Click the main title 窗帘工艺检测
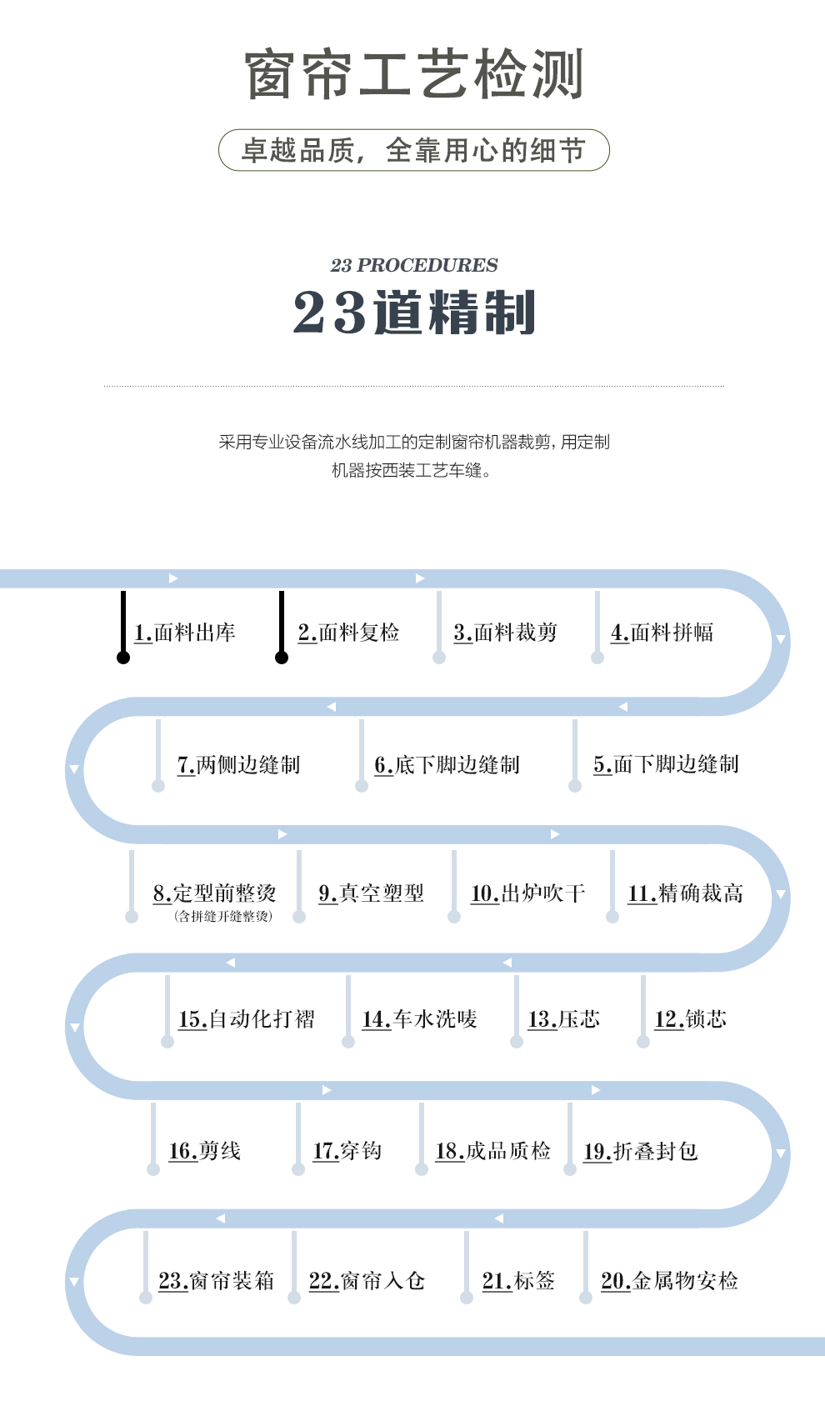point(414,74)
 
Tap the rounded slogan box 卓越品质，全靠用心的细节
point(414,150)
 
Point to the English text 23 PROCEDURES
point(414,265)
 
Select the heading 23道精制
point(414,312)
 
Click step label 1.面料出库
point(185,632)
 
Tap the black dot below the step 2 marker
point(282,658)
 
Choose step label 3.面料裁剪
point(506,632)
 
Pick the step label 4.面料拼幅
point(662,632)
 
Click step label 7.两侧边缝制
point(238,764)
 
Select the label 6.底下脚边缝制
point(447,764)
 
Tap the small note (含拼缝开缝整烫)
point(223,917)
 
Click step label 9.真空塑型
point(372,893)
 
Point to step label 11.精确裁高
point(685,893)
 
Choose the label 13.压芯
point(564,1019)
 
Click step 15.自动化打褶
point(246,1019)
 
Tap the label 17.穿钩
point(347,1150)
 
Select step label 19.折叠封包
point(641,1150)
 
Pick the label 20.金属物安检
point(669,1280)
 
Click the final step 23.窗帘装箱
point(217,1280)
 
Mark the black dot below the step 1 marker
point(123,658)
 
